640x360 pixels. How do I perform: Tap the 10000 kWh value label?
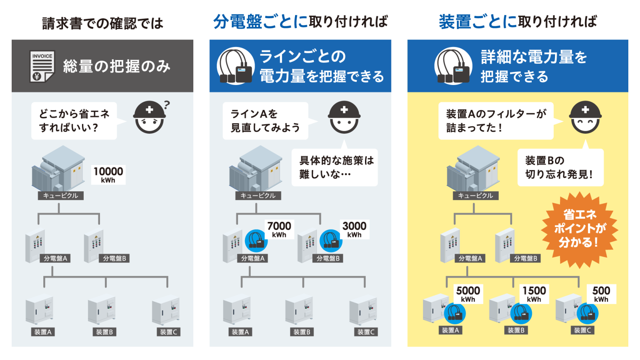point(108,175)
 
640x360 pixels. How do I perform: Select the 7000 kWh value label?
point(279,229)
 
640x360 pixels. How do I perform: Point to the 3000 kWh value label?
point(354,229)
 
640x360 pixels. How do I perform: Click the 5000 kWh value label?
point(468,294)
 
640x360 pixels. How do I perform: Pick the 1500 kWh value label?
point(534,294)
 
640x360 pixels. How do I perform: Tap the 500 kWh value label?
point(601,294)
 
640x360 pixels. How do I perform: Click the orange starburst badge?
point(580,229)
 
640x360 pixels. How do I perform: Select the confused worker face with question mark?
point(150,117)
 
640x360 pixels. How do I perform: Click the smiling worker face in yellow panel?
point(585,117)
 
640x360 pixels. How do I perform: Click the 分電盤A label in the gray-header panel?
point(55,258)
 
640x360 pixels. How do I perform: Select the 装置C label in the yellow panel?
point(582,330)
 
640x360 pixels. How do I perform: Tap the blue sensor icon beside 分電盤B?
point(331,240)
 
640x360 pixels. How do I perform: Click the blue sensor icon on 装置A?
point(455,313)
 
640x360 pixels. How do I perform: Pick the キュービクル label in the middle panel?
point(258,195)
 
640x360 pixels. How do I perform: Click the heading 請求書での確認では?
point(102,23)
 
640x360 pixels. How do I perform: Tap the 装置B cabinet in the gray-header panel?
point(101,310)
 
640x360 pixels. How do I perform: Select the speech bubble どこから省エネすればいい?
point(74,121)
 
